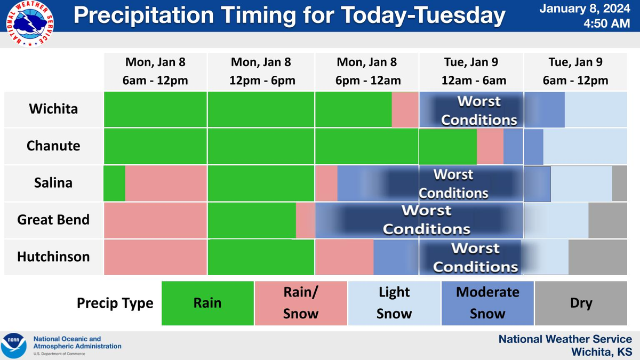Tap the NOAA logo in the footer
tap(13, 346)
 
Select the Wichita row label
tap(53, 109)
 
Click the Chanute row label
tap(53, 146)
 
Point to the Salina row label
tap(53, 183)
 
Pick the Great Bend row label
tap(53, 220)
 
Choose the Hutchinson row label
tap(53, 257)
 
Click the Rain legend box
tap(207, 303)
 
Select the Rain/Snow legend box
tap(301, 303)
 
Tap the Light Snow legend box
tap(394, 303)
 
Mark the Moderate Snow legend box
tap(487, 303)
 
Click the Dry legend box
tap(581, 303)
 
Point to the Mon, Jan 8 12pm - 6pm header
tap(261, 71)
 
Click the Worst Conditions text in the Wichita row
tap(479, 110)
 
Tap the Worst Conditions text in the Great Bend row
tap(427, 220)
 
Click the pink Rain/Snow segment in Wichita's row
tap(405, 109)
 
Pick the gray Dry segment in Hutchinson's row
tap(597, 257)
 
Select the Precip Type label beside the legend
tap(115, 303)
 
